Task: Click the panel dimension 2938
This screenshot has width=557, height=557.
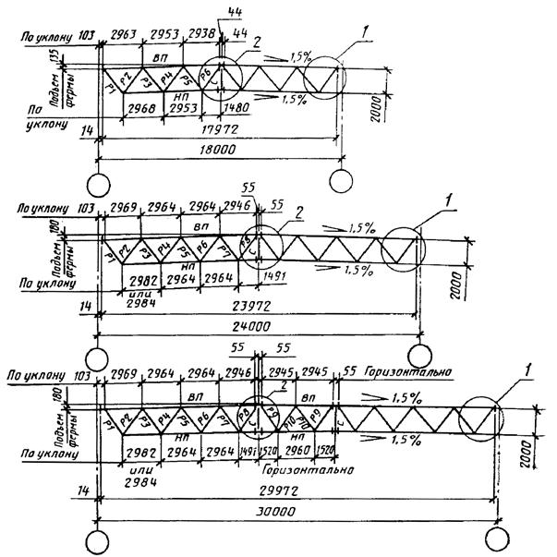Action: pos(200,34)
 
